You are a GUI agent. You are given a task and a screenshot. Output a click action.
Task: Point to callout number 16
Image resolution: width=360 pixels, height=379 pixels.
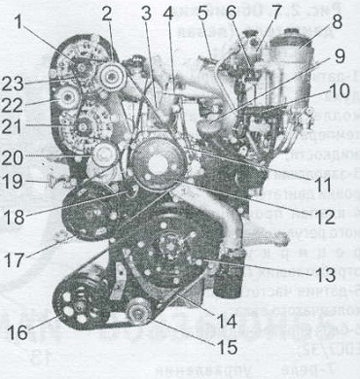coord(17,331)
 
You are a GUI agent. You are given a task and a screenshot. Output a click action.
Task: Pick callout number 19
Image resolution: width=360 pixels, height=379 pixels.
coord(12,181)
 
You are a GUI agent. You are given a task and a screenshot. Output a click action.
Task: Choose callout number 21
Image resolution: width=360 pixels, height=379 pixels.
coord(14,128)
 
